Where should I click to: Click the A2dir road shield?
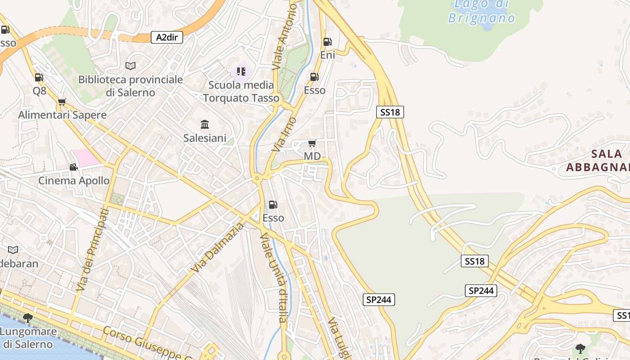coord(167,37)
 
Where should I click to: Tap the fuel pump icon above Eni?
coord(327,42)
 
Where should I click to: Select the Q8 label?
coord(40,91)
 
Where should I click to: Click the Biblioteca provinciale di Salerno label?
coord(130,86)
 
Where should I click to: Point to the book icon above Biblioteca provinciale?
coord(130,66)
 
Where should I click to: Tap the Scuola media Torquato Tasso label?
coord(241,91)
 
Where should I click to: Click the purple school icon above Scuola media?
coord(241,72)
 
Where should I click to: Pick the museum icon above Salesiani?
coord(205,124)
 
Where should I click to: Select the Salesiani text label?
coord(205,138)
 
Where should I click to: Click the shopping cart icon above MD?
coord(312,144)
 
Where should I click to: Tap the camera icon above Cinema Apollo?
coord(73,167)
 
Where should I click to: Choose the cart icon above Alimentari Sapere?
coord(62,102)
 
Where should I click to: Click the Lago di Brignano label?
coord(481,11)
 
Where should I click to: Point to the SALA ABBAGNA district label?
coord(598,161)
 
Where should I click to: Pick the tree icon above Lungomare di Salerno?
coord(28,318)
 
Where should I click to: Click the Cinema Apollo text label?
coord(74,181)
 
